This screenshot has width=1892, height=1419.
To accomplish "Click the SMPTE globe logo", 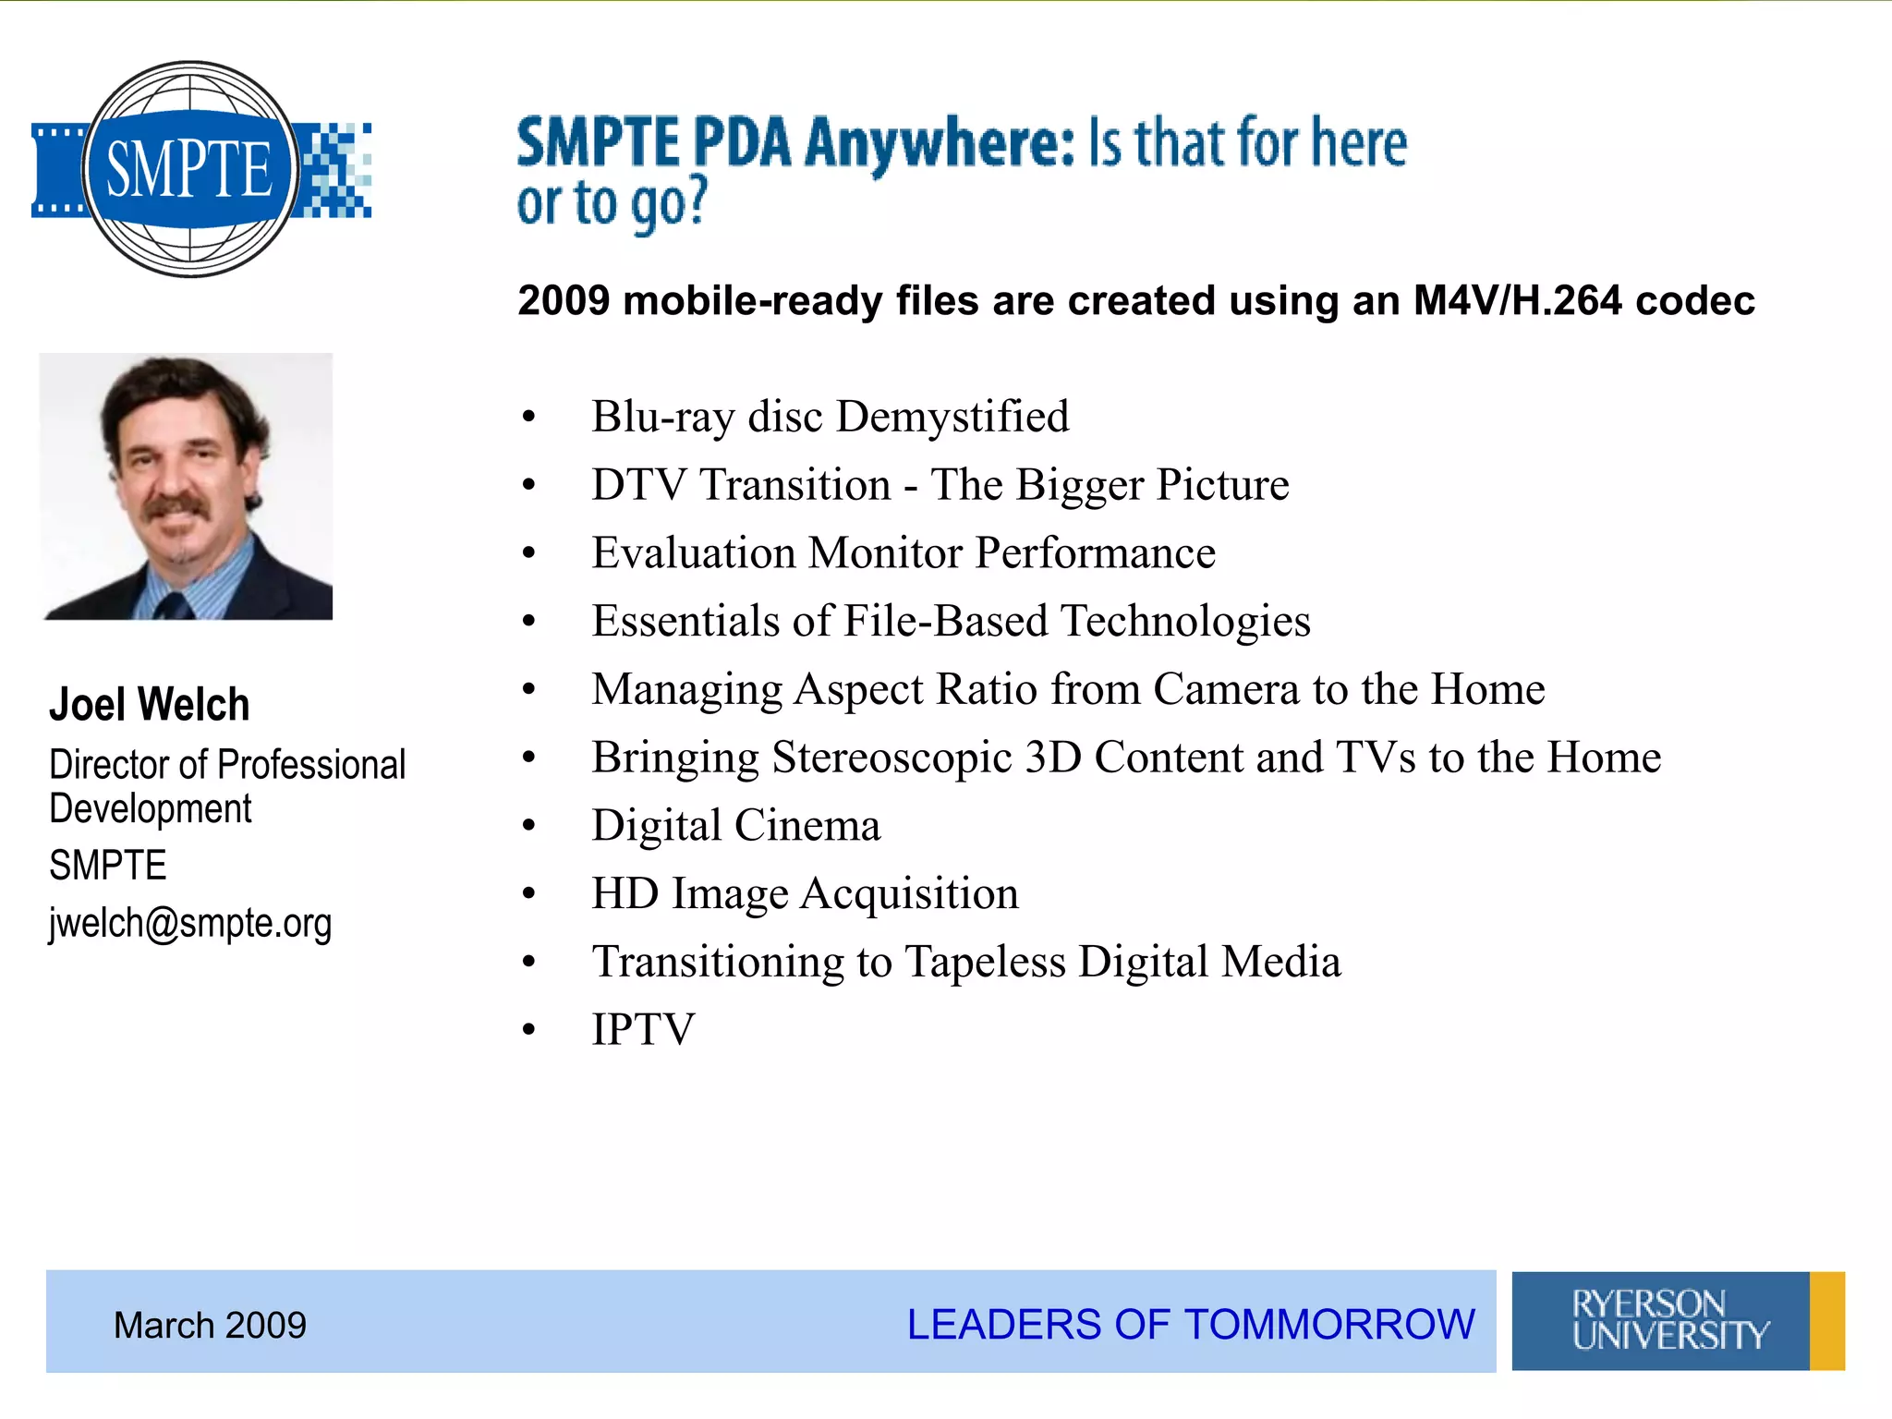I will click(190, 169).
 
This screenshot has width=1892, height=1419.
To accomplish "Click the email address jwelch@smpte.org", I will click(190, 923).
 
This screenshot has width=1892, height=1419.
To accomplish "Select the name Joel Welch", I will click(150, 705).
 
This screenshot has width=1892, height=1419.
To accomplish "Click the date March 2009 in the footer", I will click(210, 1325).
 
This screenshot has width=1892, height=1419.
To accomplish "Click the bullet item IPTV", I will click(643, 1029).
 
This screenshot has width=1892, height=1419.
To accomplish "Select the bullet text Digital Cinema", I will click(736, 825).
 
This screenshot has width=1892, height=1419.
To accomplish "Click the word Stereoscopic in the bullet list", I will click(891, 758).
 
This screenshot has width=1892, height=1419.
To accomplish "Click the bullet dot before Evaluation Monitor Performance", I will click(528, 553).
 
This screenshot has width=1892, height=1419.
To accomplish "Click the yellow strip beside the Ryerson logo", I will click(1826, 1320).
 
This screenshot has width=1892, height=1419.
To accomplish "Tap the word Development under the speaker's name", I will click(151, 809).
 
